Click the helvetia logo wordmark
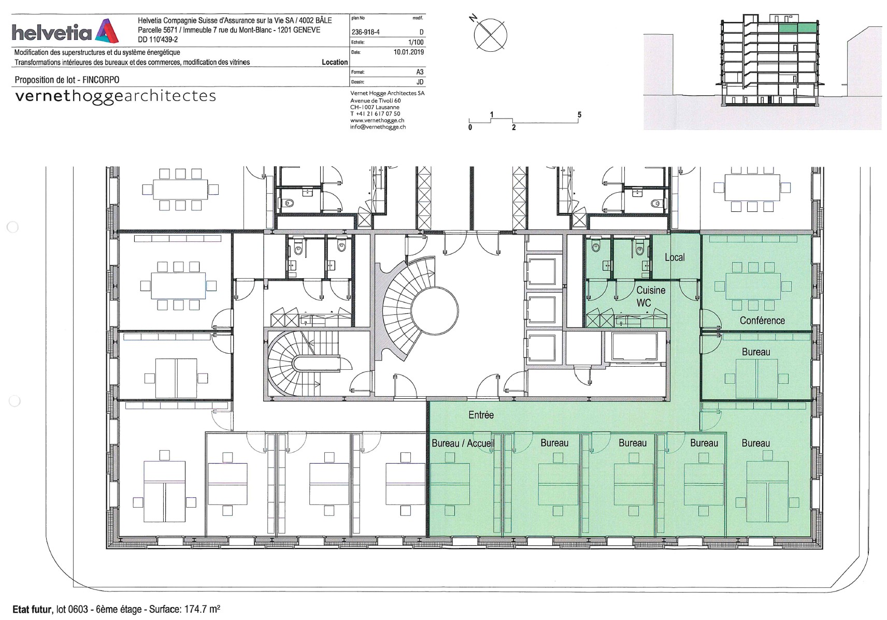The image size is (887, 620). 52,32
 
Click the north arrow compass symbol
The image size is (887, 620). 490,34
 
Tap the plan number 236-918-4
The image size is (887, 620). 365,32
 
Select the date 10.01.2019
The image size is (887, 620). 409,52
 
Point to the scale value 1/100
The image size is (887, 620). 416,42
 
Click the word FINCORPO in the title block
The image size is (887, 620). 101,80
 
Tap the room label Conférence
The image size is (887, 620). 762,320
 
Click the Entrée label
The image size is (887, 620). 481,415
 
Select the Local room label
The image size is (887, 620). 675,257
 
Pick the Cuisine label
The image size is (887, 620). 651,290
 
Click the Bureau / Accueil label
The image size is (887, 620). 463,443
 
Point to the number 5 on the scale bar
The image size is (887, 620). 579,115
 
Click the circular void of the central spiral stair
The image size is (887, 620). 434,309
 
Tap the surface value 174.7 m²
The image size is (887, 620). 202,609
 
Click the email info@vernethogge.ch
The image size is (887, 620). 378,127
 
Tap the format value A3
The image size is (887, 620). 420,72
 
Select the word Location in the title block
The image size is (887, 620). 335,62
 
